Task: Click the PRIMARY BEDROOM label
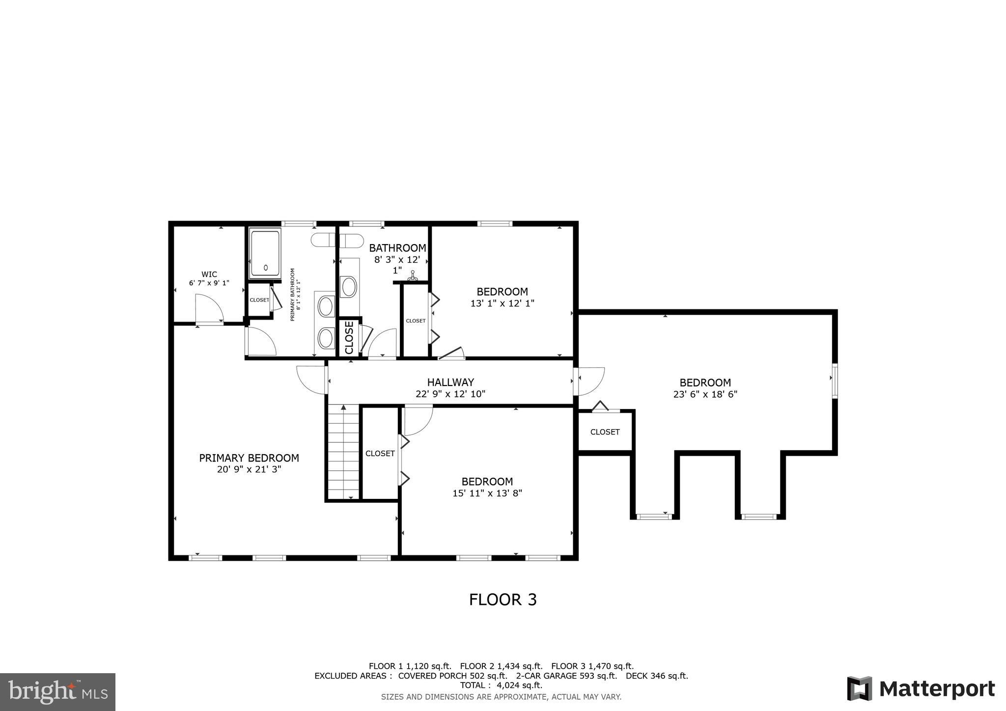(x=249, y=458)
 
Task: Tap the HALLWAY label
(x=450, y=382)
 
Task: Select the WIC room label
(x=209, y=274)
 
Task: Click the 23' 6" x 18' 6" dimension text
(x=705, y=394)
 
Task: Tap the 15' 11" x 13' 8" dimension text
(x=487, y=493)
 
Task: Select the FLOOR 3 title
(x=503, y=600)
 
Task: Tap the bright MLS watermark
(x=57, y=692)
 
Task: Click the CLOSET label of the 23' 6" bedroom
(x=605, y=432)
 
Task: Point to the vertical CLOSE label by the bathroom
(x=349, y=337)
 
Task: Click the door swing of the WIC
(x=209, y=308)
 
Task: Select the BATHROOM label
(x=397, y=248)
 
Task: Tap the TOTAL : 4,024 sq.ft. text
(x=501, y=685)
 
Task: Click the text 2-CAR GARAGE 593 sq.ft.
(x=566, y=676)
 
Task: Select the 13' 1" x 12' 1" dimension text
(x=502, y=303)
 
